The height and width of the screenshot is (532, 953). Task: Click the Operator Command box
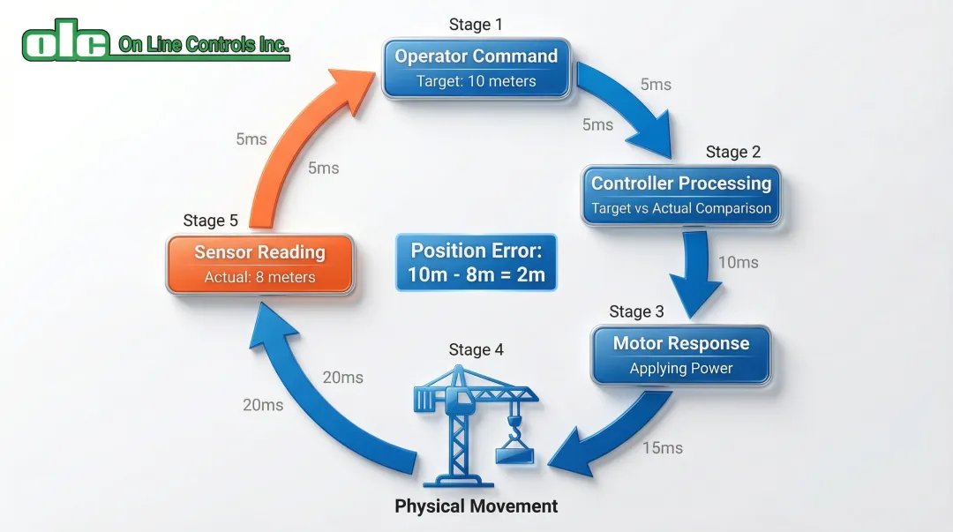476,68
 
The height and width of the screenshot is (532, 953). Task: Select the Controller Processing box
680,195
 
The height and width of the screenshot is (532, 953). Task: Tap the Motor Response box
680,355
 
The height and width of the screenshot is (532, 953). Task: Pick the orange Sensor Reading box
260,265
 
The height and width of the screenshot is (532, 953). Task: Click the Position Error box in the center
476,263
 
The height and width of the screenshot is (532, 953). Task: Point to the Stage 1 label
476,25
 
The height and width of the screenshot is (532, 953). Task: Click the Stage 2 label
733,152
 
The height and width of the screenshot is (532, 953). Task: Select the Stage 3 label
636,312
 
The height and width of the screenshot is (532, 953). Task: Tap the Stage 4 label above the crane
476,349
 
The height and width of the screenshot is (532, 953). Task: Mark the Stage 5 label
210,221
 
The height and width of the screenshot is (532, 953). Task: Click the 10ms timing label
739,263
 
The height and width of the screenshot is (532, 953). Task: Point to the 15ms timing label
663,448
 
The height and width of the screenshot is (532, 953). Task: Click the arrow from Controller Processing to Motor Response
695,273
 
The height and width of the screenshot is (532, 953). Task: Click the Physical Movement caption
476,506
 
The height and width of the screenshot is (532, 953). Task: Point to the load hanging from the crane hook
514,454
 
